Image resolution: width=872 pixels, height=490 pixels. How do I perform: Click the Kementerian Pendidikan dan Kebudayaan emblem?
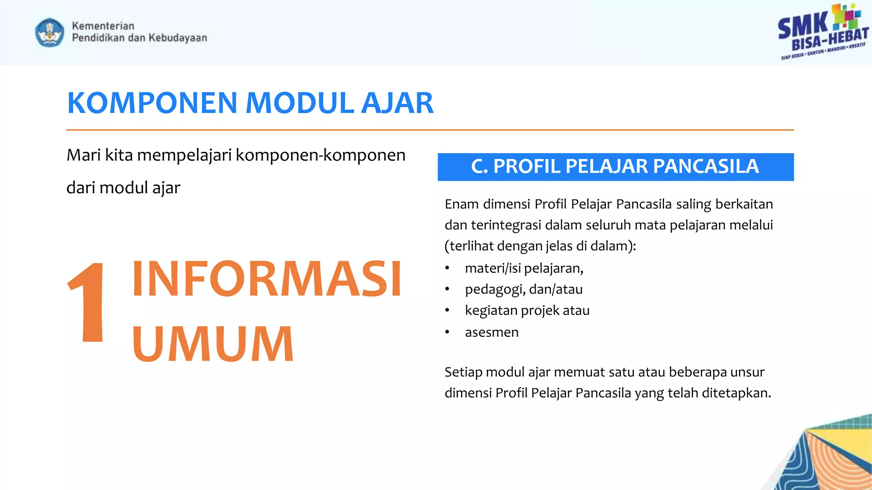[50, 32]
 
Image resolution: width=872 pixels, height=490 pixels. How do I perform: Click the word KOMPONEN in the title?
[152, 103]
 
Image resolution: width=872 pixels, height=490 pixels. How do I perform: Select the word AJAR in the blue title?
[397, 103]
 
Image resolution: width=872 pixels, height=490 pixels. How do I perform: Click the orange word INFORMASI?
[267, 279]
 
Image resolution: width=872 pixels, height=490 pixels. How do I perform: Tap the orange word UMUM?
[213, 344]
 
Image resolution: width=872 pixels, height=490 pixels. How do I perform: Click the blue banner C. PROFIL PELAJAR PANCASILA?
[615, 167]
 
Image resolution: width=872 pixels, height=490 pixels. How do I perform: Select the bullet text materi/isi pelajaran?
[524, 268]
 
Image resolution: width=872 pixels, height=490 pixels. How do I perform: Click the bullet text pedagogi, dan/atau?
[524, 290]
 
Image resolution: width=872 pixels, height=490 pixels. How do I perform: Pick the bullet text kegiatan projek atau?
[527, 311]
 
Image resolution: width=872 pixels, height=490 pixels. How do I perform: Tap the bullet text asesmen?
[492, 332]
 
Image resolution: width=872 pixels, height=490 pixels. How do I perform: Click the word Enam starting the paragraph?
[462, 204]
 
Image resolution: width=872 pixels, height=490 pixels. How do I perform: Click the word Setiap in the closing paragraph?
[463, 372]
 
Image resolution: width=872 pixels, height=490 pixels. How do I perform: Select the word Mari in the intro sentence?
[83, 155]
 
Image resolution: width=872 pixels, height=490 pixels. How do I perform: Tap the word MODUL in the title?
[300, 103]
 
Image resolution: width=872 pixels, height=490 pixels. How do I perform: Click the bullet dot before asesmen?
[447, 332]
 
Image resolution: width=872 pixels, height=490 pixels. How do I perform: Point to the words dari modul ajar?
[123, 188]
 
